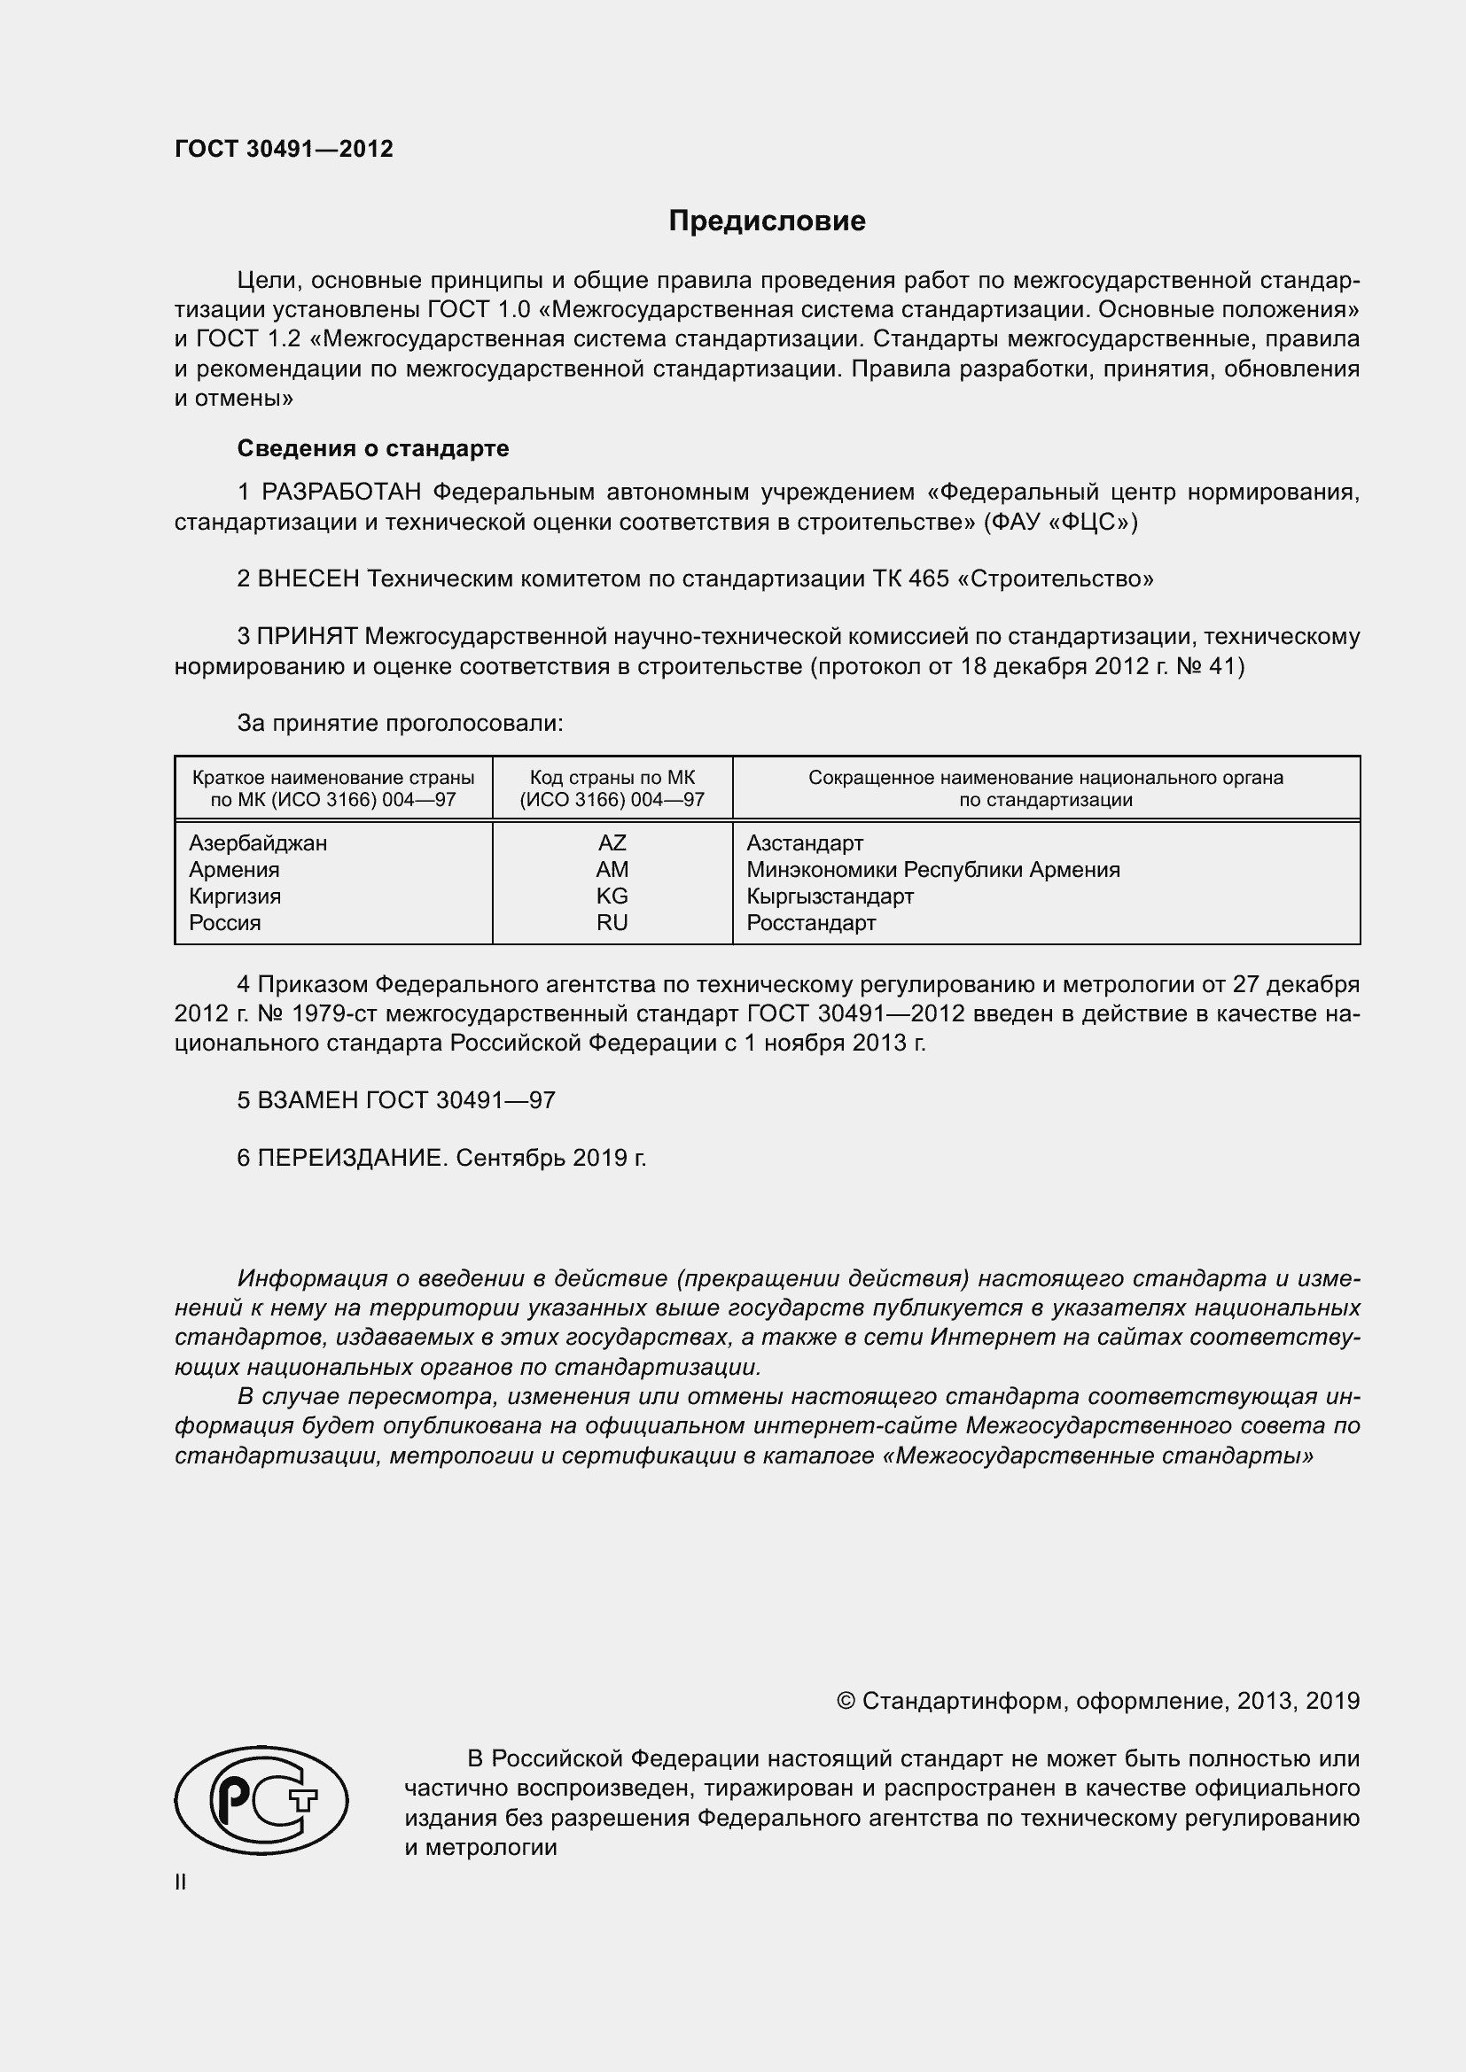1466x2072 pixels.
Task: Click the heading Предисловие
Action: pos(767,221)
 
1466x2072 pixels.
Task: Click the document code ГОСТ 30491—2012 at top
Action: pos(284,149)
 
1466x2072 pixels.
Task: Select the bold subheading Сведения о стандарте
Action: pos(373,448)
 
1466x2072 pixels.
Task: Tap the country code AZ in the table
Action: pos(612,842)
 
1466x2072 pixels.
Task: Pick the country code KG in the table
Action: pos(612,896)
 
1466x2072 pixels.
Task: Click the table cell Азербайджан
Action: pos(257,842)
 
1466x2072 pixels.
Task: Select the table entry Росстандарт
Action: pos(811,922)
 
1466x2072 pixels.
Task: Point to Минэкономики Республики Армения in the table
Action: pos(932,870)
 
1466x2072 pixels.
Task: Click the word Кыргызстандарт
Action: pos(830,896)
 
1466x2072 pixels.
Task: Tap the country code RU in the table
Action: pos(612,922)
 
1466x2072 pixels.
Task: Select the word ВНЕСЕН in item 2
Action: pos(308,578)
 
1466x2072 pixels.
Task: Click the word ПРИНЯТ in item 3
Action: pos(308,637)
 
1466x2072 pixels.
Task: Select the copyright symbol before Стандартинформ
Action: pos(845,1701)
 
